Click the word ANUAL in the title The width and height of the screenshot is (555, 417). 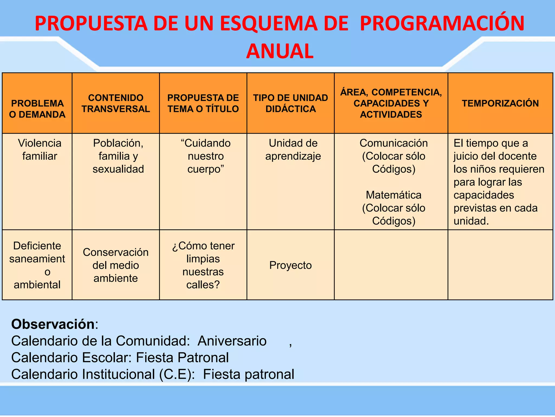(x=280, y=51)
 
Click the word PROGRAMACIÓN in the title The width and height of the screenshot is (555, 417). (x=442, y=23)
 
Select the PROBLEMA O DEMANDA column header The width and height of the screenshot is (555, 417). (x=37, y=109)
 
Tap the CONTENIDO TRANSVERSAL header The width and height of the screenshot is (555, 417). (x=116, y=103)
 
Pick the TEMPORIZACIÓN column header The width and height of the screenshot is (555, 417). (x=500, y=103)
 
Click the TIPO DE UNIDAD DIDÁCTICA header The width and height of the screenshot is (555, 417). (x=291, y=103)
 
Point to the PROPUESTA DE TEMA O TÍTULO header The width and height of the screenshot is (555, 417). (x=203, y=103)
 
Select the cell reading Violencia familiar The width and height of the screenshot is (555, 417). (x=40, y=150)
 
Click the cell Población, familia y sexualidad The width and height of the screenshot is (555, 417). (x=118, y=156)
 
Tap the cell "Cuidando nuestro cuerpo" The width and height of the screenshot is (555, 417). (x=206, y=156)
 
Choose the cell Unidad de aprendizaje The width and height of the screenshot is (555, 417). (x=293, y=150)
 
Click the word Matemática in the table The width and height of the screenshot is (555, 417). (x=393, y=195)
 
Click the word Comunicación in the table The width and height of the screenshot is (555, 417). (x=393, y=143)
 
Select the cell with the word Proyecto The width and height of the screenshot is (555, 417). (x=291, y=265)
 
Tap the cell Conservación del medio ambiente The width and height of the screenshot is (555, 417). (x=116, y=265)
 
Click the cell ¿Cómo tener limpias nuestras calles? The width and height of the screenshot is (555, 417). (x=203, y=265)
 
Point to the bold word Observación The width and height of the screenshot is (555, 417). (x=53, y=324)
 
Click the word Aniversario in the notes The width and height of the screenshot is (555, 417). (x=232, y=341)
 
